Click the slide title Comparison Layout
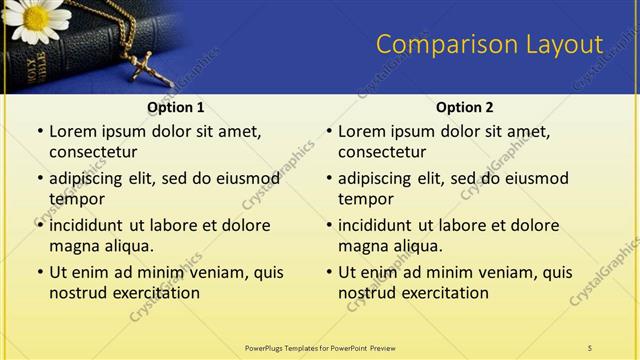(489, 44)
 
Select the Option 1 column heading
(176, 107)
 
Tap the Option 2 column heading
(465, 107)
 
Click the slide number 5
(590, 347)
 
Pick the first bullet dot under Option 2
(328, 132)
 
